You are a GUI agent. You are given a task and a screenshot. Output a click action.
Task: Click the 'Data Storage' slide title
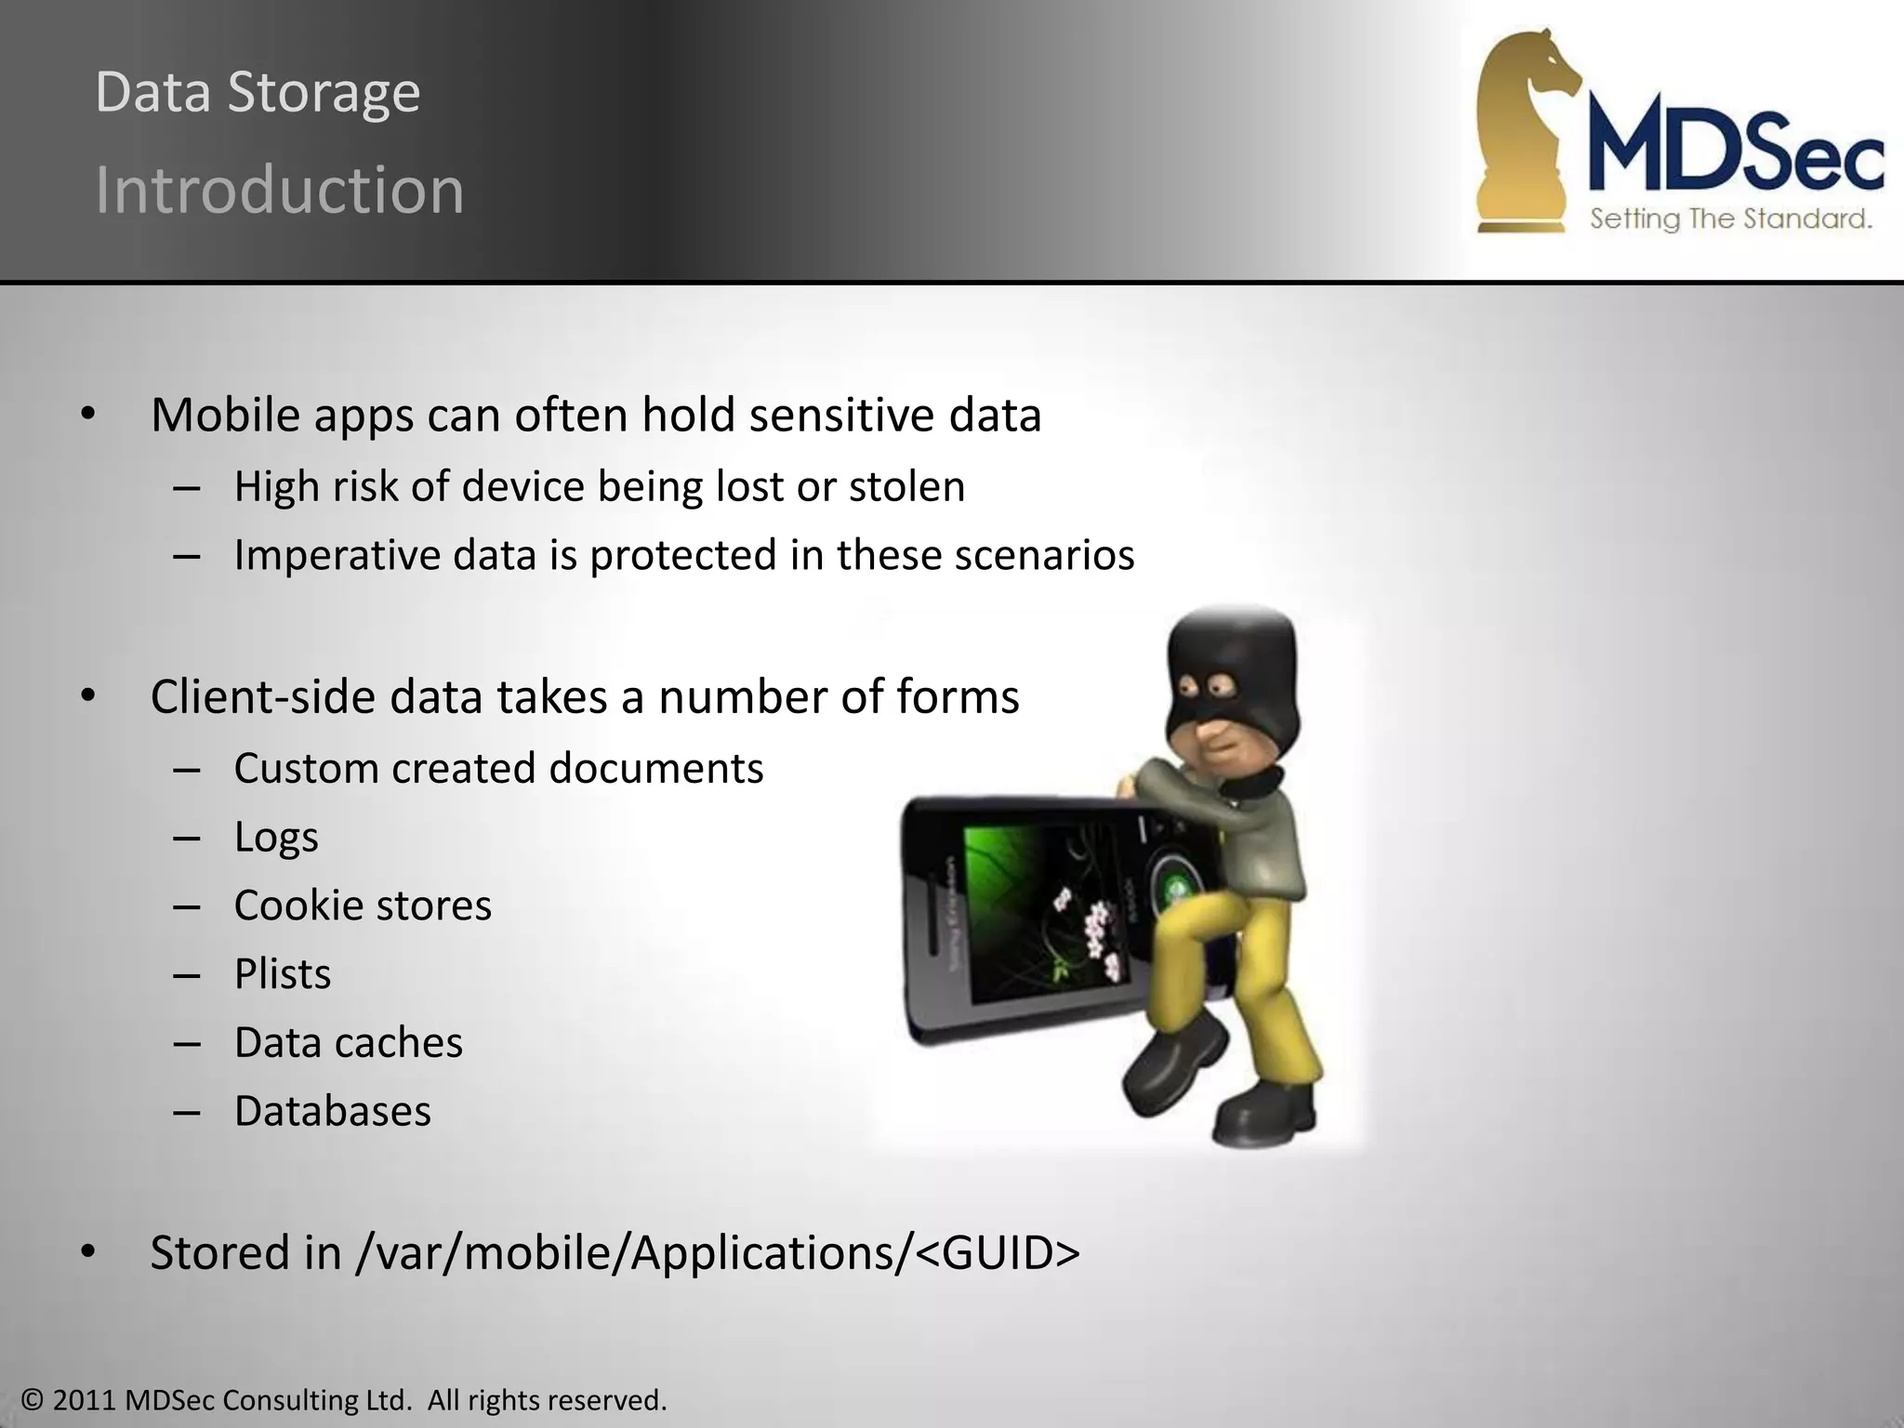click(x=258, y=93)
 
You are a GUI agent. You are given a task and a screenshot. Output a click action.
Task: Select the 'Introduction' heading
click(x=279, y=191)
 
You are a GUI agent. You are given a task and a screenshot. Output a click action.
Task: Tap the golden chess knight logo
click(x=1525, y=130)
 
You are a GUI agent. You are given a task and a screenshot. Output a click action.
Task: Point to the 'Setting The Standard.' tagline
click(x=1730, y=219)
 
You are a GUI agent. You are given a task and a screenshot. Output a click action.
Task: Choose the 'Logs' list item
click(x=275, y=837)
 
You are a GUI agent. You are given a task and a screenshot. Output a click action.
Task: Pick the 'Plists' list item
click(x=282, y=974)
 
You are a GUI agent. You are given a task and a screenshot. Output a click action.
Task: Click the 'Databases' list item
click(x=332, y=1111)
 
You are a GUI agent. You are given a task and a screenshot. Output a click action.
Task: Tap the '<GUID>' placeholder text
click(x=998, y=1253)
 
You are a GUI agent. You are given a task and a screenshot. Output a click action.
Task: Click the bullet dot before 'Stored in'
click(x=87, y=1253)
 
